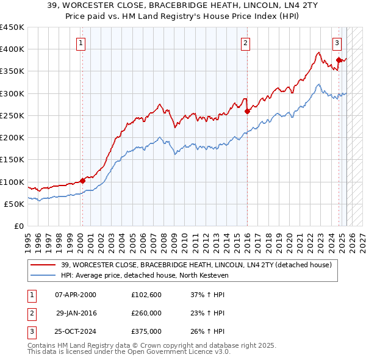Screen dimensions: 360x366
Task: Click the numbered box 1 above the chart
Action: click(x=81, y=43)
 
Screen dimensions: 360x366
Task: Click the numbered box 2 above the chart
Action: click(x=245, y=43)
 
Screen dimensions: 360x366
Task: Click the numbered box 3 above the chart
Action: click(x=337, y=43)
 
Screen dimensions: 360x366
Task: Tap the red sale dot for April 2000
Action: click(x=82, y=181)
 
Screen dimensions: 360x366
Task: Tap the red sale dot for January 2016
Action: click(x=247, y=111)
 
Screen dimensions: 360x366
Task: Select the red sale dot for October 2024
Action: click(x=339, y=60)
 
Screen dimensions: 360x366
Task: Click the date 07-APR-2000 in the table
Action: click(x=76, y=294)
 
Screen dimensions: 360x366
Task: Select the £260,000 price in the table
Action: click(x=146, y=313)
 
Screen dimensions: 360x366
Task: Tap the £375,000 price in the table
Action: click(x=146, y=332)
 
